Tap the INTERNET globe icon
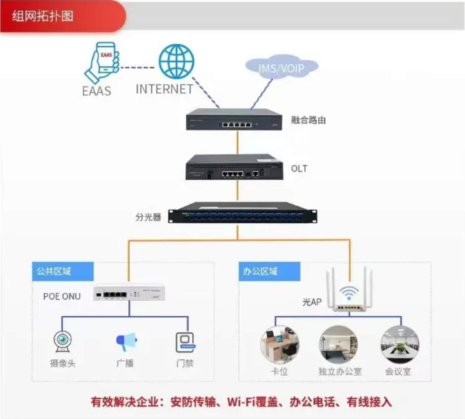(x=176, y=62)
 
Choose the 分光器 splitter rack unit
(x=243, y=214)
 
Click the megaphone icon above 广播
(x=126, y=341)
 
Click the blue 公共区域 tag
(x=63, y=272)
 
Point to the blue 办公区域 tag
(x=270, y=272)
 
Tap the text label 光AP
(x=312, y=302)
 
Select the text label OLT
(x=299, y=169)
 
